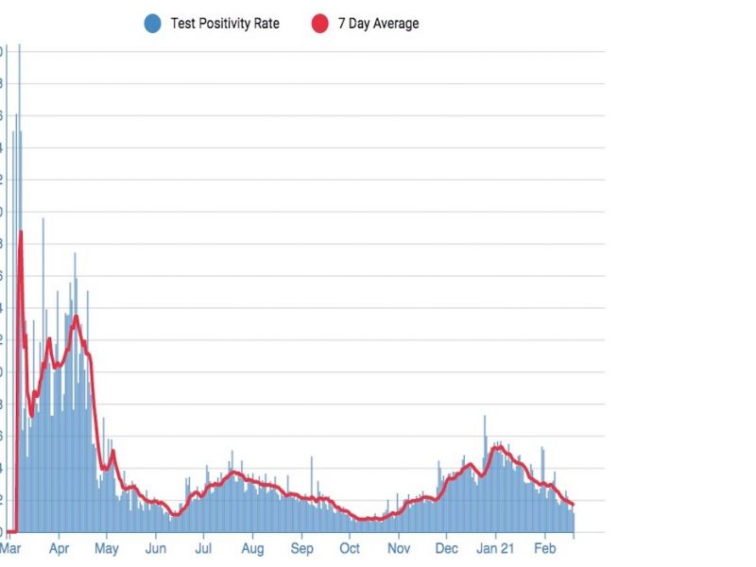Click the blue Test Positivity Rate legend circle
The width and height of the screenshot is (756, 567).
[x=152, y=24]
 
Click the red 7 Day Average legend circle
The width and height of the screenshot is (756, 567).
[x=319, y=24]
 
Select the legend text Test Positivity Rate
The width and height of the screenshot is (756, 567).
[x=225, y=24]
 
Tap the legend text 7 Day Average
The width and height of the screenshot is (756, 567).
[x=378, y=24]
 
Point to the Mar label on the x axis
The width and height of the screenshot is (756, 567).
[x=10, y=547]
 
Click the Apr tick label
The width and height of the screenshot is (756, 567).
[x=59, y=547]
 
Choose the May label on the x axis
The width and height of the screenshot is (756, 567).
[x=107, y=547]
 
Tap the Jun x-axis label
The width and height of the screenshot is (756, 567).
[x=156, y=547]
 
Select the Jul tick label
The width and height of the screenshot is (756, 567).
[x=203, y=547]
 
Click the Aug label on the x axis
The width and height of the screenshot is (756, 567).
[x=252, y=547]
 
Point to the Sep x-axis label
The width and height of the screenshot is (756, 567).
[x=301, y=547]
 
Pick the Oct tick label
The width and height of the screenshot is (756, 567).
[x=350, y=547]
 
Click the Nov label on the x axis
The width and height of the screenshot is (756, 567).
[x=399, y=547]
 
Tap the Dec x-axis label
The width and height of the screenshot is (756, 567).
[x=447, y=547]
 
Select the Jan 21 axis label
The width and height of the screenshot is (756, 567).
[x=495, y=547]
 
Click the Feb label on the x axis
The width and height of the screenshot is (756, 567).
[x=545, y=547]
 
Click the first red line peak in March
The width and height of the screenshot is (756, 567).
[x=20, y=232]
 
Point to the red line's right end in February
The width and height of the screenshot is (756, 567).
[x=573, y=504]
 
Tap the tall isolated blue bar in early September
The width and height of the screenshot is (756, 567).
[x=312, y=459]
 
